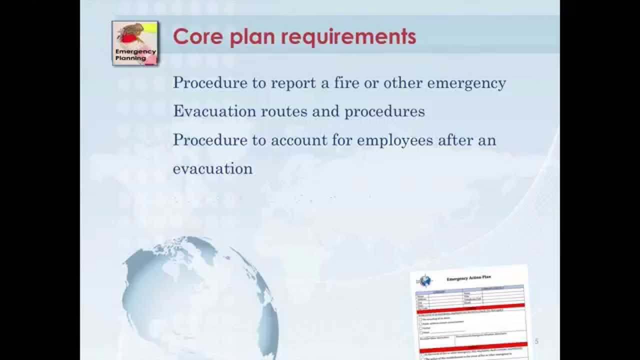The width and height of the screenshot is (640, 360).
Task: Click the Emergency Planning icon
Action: click(135, 43)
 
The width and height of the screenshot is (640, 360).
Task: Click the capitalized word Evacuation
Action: click(214, 111)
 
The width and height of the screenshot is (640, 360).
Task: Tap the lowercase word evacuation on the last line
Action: click(212, 169)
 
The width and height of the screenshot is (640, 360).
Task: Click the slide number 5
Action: click(537, 341)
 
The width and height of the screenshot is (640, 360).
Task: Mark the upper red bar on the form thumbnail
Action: click(470, 305)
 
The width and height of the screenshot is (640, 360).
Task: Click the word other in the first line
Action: click(403, 82)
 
